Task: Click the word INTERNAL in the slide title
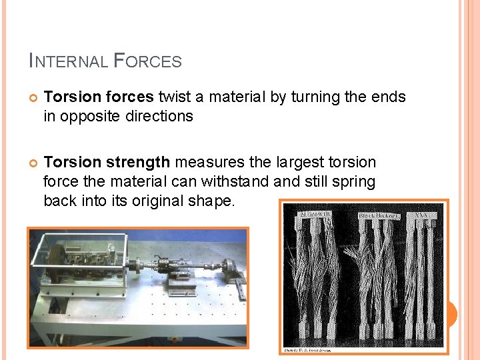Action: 68,61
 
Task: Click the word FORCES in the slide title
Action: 148,61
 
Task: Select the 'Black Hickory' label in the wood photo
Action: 379,216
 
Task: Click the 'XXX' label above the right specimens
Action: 423,215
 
